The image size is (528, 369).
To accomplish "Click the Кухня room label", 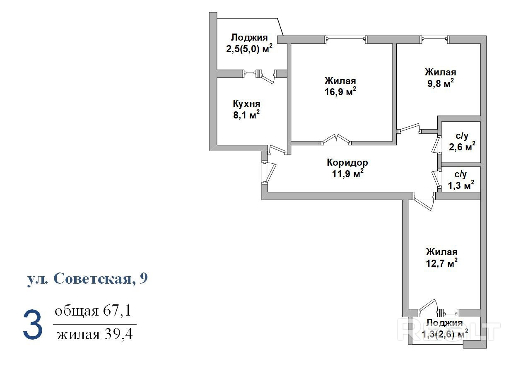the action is pyautogui.click(x=246, y=104).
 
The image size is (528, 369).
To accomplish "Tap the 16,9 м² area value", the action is pyautogui.click(x=340, y=92).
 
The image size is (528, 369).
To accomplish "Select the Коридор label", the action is pyautogui.click(x=347, y=162).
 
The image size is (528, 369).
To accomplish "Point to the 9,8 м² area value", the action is pyautogui.click(x=441, y=83).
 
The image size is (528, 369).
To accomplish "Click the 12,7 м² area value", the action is pyautogui.click(x=442, y=263).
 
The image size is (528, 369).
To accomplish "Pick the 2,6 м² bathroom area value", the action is pyautogui.click(x=462, y=147).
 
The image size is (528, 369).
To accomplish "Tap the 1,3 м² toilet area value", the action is pyautogui.click(x=461, y=185).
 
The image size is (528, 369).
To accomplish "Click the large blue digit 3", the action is pyautogui.click(x=33, y=325).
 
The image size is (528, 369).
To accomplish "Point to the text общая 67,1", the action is pyautogui.click(x=93, y=311).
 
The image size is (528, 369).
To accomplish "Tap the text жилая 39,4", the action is pyautogui.click(x=95, y=334).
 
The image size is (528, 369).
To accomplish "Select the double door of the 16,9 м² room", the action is pyautogui.click(x=336, y=140).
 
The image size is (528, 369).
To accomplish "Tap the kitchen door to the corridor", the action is pyautogui.click(x=277, y=150).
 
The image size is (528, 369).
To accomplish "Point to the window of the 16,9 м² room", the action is pyautogui.click(x=346, y=39).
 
